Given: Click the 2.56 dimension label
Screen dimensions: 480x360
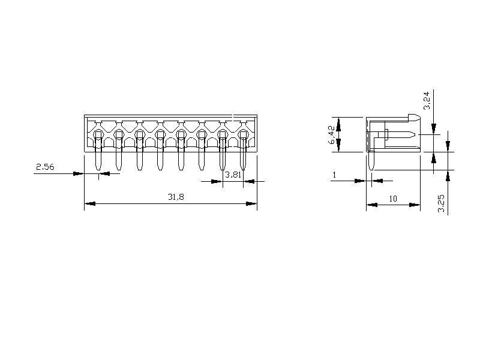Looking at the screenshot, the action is coord(45,167).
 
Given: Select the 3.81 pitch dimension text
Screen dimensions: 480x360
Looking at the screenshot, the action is coord(233,175).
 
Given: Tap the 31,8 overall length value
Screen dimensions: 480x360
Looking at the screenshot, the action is coord(176,197).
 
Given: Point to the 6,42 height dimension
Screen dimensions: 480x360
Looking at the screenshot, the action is coord(332,134).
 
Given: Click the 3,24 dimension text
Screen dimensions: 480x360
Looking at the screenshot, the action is coord(427,100).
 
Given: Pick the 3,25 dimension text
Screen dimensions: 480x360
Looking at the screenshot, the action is coord(442,203).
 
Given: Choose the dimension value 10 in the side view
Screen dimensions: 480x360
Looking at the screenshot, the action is coord(393,199).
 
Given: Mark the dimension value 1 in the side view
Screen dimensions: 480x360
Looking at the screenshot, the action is coord(334,175).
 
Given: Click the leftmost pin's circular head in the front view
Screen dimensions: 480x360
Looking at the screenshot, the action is coord(98,134).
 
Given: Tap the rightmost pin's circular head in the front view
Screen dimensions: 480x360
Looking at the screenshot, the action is coord(243,134).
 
